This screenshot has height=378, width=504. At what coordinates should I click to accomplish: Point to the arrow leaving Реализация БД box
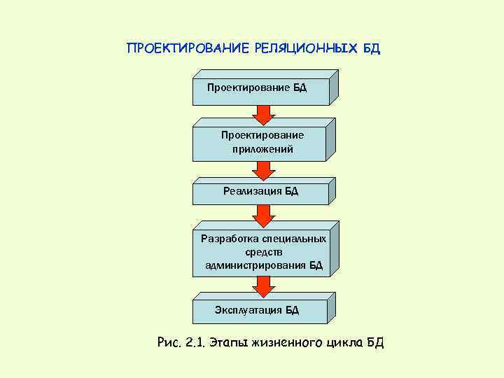[262, 215]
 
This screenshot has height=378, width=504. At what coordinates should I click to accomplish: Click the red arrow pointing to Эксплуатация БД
[262, 286]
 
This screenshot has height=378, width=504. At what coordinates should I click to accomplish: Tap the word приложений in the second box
[262, 149]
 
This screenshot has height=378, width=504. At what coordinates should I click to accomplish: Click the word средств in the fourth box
[263, 252]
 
